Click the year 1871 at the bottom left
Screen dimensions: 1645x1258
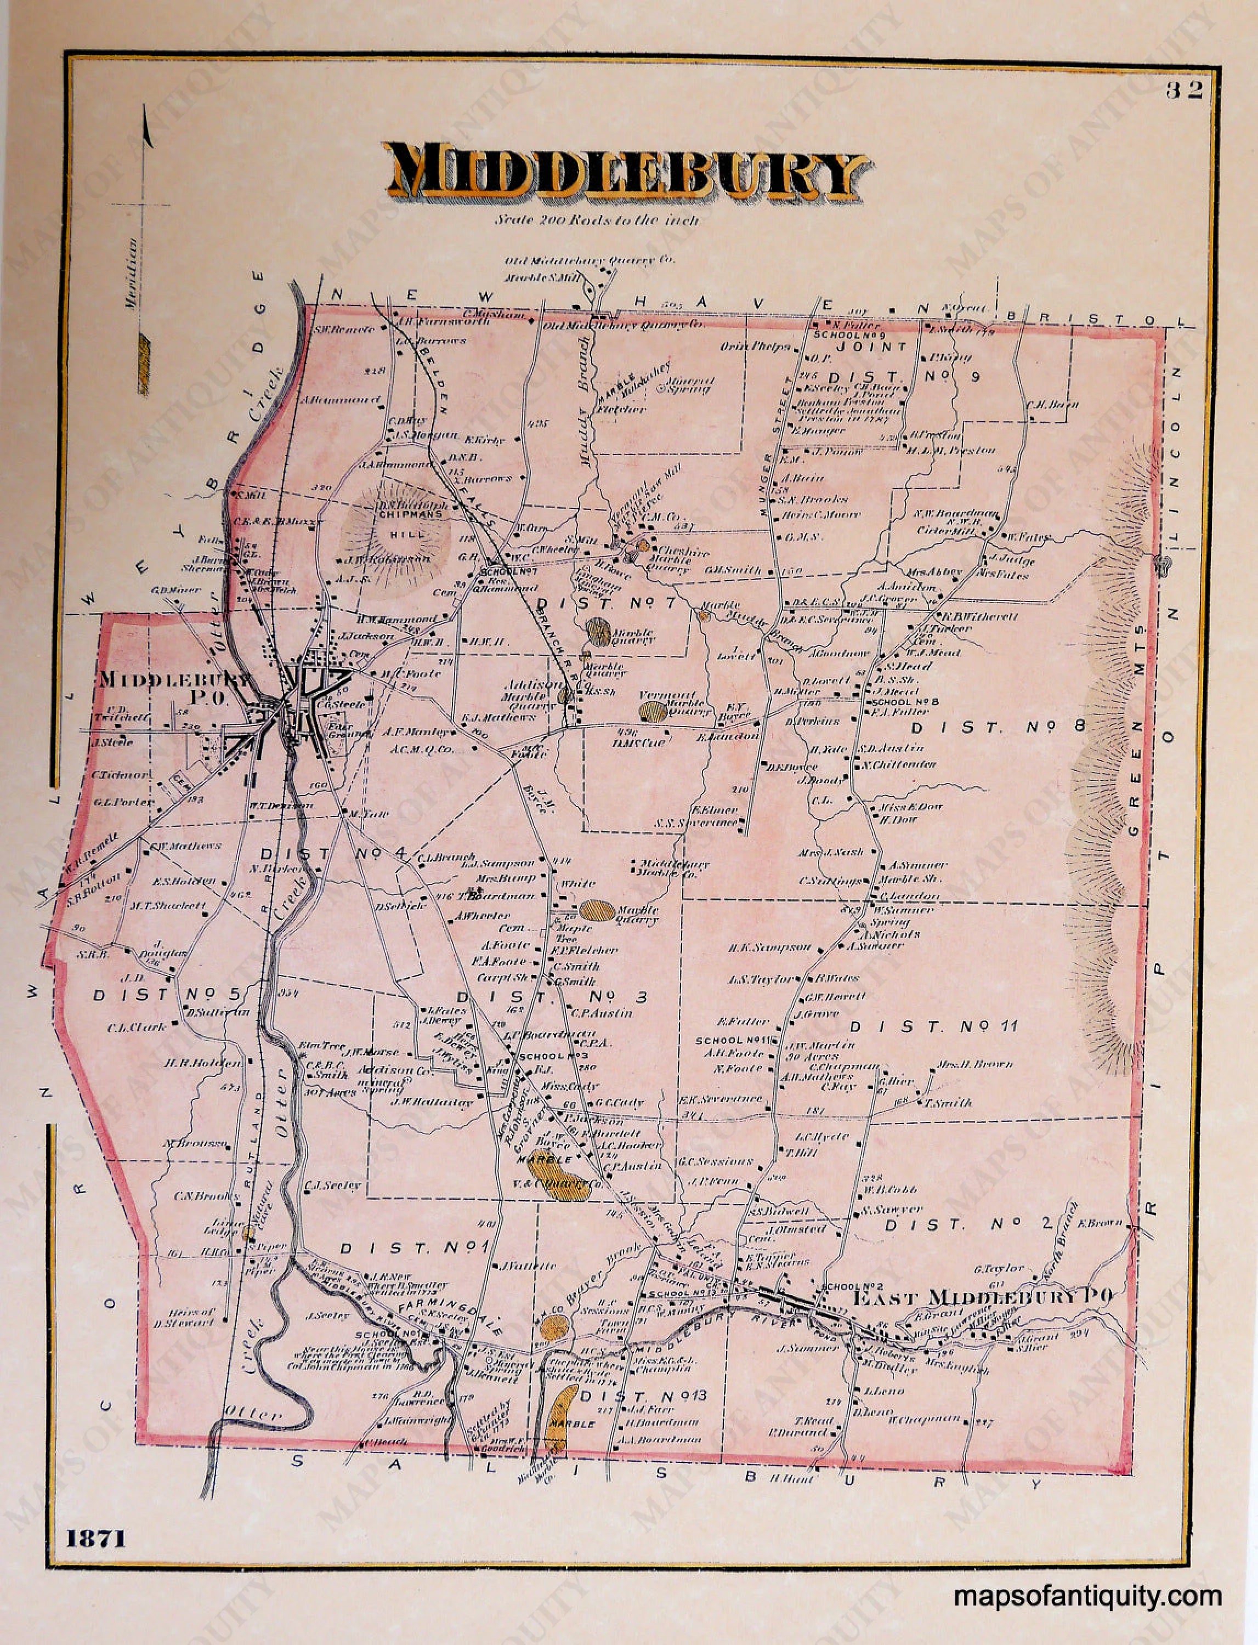click(x=95, y=1538)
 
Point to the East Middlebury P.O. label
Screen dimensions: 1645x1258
click(x=983, y=1297)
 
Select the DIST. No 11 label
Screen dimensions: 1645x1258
click(x=934, y=1026)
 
